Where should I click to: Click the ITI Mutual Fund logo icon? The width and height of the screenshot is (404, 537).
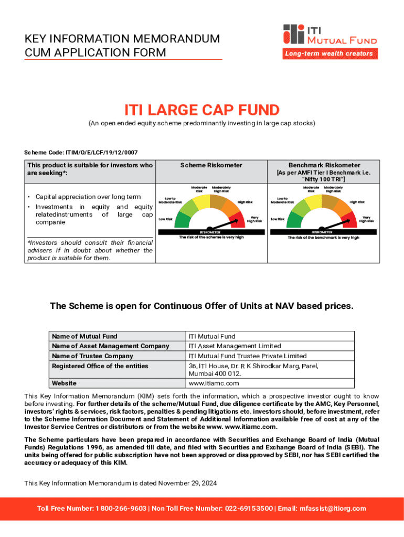[x=294, y=34]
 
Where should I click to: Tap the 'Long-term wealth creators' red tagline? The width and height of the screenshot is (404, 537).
[x=328, y=53]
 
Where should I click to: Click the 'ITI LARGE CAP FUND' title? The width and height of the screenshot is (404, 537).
[x=201, y=111]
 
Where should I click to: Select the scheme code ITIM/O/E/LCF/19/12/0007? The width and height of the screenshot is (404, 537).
[x=101, y=153]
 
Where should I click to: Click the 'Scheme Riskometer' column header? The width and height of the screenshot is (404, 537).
[x=211, y=165]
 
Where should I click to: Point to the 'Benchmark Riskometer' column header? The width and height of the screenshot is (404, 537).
[x=324, y=165]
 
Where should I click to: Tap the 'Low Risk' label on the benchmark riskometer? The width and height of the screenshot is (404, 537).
[x=277, y=219]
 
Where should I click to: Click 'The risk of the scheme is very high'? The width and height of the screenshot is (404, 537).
[x=211, y=238]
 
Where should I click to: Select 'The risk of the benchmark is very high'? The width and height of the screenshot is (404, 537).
[x=323, y=238]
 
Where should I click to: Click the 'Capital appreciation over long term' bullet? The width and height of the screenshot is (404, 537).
[x=88, y=197]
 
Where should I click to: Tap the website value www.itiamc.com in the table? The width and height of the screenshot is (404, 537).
[x=214, y=383]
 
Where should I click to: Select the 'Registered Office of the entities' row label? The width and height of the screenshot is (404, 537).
[x=100, y=366]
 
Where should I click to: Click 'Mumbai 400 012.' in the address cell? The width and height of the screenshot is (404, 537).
[x=215, y=374]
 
